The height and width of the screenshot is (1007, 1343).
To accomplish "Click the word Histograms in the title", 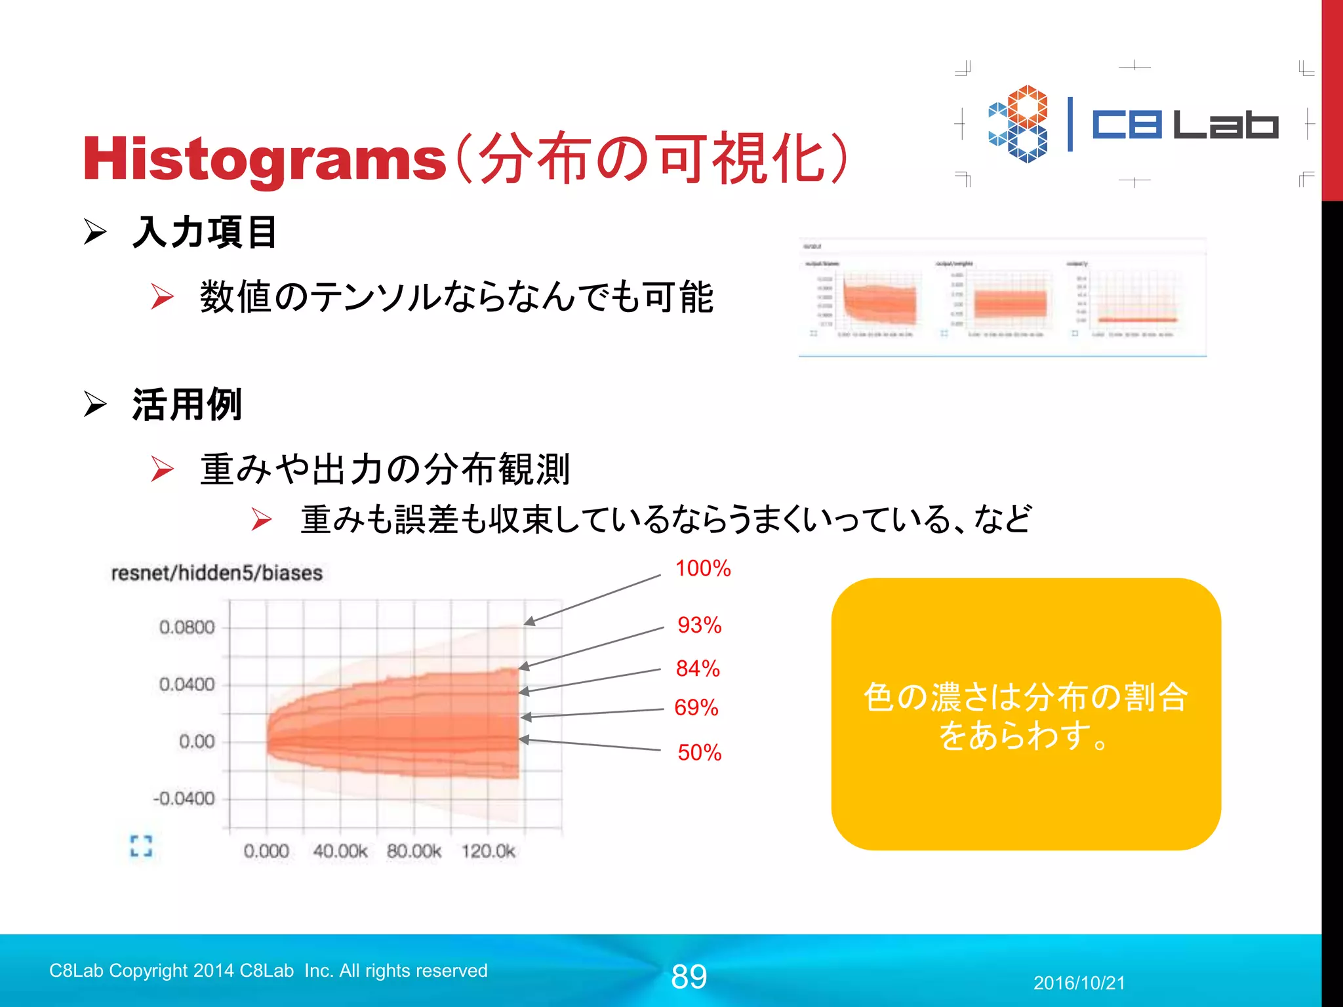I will pyautogui.click(x=264, y=159).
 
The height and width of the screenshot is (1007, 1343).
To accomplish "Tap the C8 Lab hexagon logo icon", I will pyautogui.click(x=1018, y=124).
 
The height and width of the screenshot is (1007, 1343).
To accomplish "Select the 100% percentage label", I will pyautogui.click(x=703, y=568).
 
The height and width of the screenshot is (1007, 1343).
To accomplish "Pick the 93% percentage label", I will pyautogui.click(x=699, y=625).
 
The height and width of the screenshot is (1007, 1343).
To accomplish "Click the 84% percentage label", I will pyautogui.click(x=698, y=669).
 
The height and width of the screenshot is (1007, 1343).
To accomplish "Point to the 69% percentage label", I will pyautogui.click(x=696, y=708).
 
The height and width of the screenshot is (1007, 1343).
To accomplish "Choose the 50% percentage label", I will pyautogui.click(x=699, y=753).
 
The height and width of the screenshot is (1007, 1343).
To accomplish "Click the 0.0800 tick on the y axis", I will pyautogui.click(x=187, y=627).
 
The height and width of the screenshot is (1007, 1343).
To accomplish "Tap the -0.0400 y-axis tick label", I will pyautogui.click(x=184, y=799).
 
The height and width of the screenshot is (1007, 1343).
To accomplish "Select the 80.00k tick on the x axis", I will pyautogui.click(x=414, y=851).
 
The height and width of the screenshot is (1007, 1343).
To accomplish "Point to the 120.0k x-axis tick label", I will pyautogui.click(x=488, y=851).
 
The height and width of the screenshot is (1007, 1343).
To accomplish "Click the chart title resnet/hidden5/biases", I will pyautogui.click(x=217, y=573).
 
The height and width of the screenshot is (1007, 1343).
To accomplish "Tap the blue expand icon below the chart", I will pyautogui.click(x=141, y=846).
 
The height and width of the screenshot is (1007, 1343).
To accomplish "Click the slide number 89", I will pyautogui.click(x=689, y=977).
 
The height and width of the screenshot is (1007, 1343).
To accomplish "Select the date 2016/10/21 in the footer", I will pyautogui.click(x=1079, y=983).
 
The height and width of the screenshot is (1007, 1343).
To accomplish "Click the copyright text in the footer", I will pyautogui.click(x=268, y=970).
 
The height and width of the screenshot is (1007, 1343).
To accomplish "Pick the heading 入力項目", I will pyautogui.click(x=205, y=233).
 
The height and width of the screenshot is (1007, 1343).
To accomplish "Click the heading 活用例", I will pyautogui.click(x=187, y=405).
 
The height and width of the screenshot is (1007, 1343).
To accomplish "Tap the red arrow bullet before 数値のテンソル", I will pyautogui.click(x=162, y=296).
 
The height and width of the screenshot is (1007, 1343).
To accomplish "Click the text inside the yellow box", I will pyautogui.click(x=1026, y=715).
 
